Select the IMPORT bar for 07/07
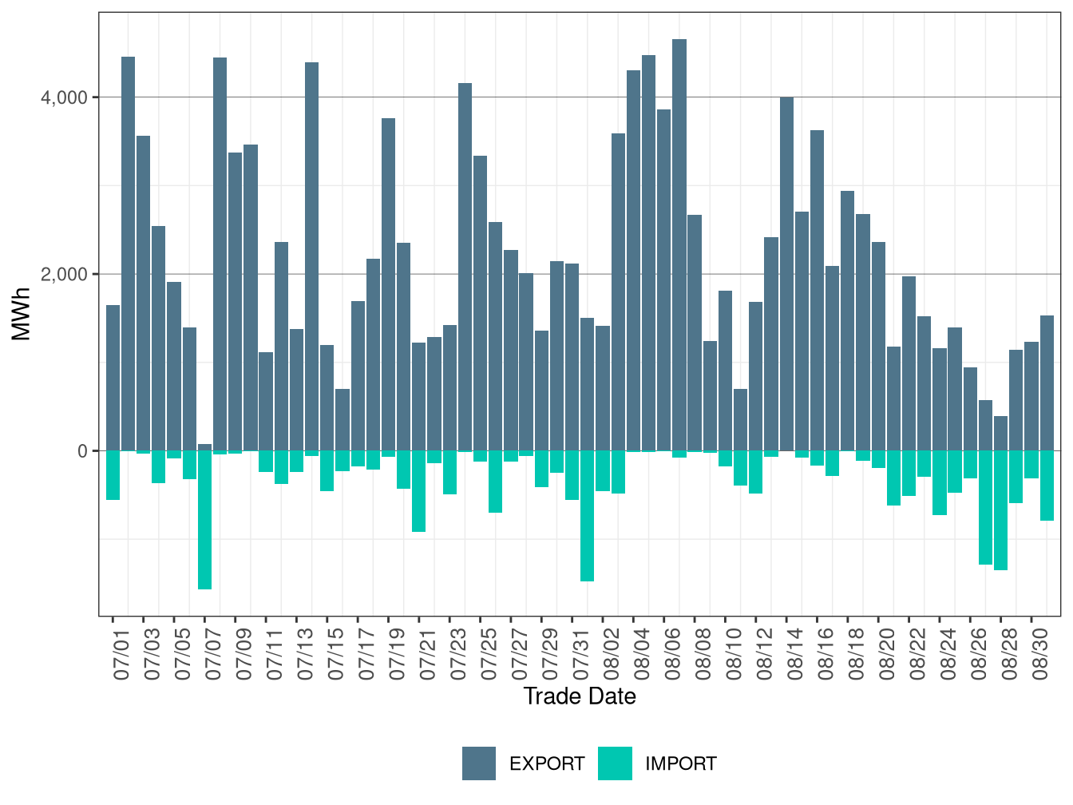click(204, 520)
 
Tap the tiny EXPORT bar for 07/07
click(204, 447)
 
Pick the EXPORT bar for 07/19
click(388, 284)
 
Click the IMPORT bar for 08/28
click(1000, 510)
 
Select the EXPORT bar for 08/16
click(817, 291)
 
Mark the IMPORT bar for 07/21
click(418, 491)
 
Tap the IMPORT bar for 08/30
click(1047, 486)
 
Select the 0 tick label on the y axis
click(82, 451)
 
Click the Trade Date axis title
click(580, 696)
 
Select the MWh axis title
click(22, 315)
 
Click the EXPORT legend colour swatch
click(479, 763)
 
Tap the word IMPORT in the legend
click(680, 764)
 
